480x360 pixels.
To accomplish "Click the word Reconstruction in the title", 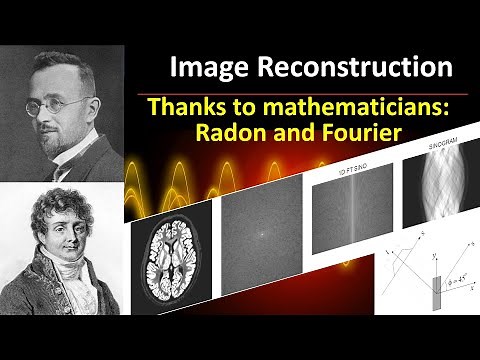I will coord(356,67).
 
